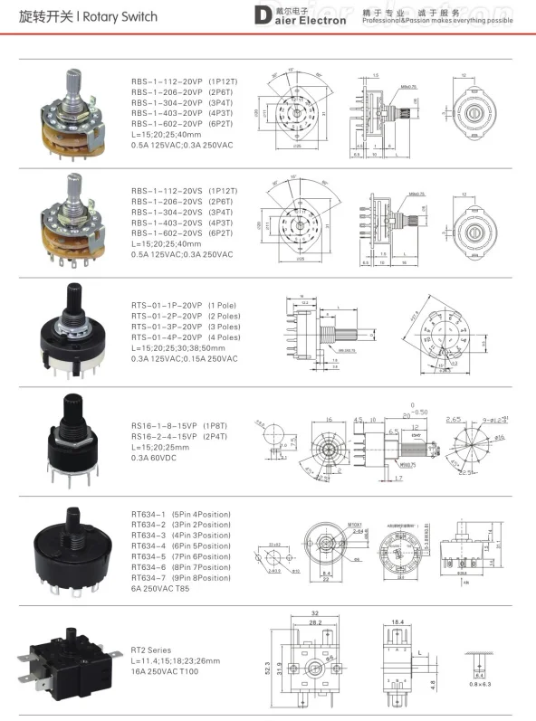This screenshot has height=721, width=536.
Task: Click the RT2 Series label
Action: tap(152, 650)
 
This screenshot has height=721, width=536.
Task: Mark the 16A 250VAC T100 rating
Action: tap(168, 672)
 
